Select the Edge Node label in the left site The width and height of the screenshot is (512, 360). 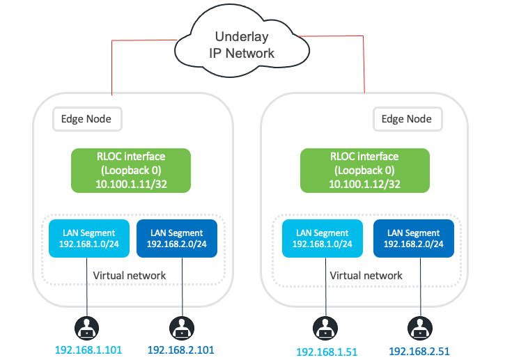87,118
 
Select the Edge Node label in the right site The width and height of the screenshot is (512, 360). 406,118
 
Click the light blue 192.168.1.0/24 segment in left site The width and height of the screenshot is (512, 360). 88,239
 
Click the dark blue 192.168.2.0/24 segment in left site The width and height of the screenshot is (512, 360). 176,239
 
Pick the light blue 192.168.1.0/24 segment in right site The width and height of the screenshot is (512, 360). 323,239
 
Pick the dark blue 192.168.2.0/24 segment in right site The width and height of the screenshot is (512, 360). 414,239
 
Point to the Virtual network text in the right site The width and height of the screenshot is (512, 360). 366,275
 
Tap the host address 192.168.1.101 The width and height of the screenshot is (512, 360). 88,350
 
